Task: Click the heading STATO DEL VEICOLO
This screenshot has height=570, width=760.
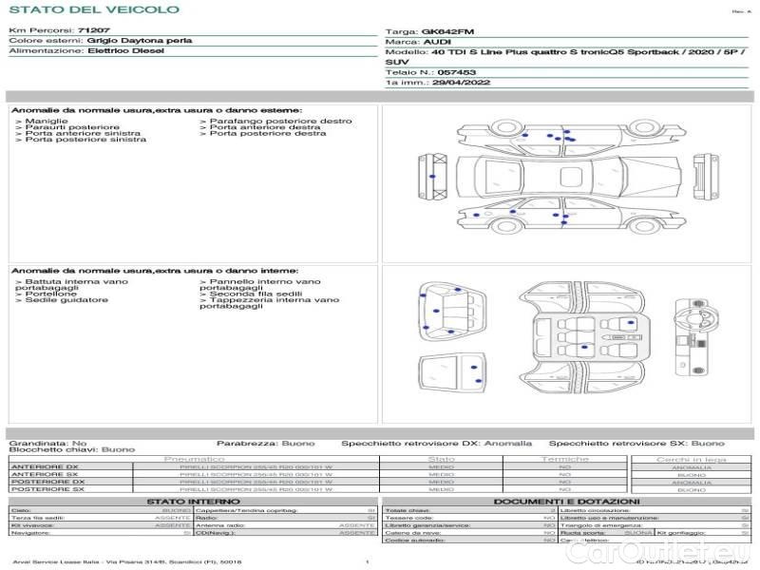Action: click(93, 10)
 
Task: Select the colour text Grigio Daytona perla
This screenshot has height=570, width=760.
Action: click(139, 42)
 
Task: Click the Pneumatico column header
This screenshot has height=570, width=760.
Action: click(194, 459)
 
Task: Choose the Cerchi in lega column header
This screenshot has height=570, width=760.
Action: click(692, 459)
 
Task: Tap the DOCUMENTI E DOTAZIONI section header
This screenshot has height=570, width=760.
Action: click(566, 502)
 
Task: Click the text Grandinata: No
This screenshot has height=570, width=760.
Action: click(47, 443)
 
